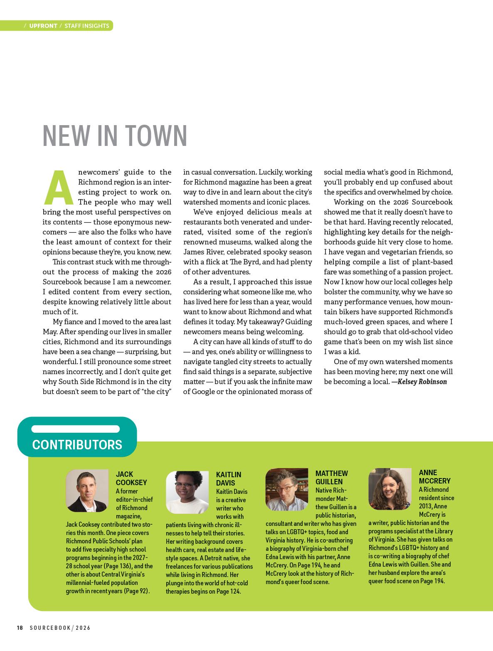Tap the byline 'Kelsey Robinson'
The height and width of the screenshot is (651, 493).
(x=422, y=382)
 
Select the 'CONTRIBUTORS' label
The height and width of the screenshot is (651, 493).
(x=77, y=445)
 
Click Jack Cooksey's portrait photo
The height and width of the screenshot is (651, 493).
(x=86, y=491)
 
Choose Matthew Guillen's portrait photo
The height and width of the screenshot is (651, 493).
(x=287, y=490)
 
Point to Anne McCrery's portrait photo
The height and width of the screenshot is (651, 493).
(x=389, y=489)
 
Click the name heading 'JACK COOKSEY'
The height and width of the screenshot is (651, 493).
(x=131, y=478)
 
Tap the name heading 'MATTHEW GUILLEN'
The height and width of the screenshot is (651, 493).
(x=331, y=478)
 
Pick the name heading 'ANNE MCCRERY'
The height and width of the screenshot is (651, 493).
(x=434, y=477)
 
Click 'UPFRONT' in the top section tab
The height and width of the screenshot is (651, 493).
(x=43, y=26)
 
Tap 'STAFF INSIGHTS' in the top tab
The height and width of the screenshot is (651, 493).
(x=87, y=26)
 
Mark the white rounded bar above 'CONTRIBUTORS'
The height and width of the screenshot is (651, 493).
(x=76, y=429)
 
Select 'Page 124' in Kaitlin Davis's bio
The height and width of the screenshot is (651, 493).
(x=229, y=591)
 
